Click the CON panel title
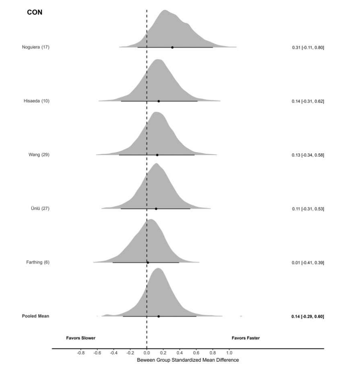click(35, 12)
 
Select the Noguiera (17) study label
click(36, 47)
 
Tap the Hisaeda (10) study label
click(37, 101)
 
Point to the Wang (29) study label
click(39, 155)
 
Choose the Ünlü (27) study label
click(39, 209)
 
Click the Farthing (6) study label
click(37, 262)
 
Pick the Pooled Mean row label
click(35, 316)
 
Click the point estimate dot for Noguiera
click(172, 47)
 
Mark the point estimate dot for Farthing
click(147, 262)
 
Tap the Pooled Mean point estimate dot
click(158, 316)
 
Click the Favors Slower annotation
click(80, 338)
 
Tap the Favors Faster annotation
click(246, 338)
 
